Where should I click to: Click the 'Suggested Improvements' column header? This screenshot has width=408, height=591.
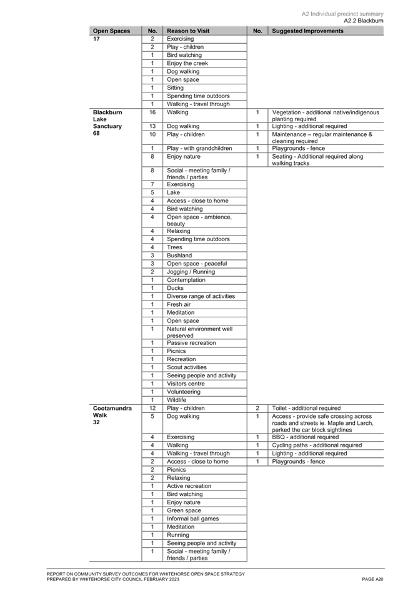(x=307, y=31)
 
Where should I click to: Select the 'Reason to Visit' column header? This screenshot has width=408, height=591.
(x=188, y=31)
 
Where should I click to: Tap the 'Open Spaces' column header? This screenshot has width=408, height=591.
(x=112, y=31)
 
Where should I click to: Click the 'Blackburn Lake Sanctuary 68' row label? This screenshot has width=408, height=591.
(x=107, y=123)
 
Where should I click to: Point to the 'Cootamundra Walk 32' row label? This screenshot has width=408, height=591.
(x=112, y=415)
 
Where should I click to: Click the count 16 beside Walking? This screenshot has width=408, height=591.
(x=152, y=112)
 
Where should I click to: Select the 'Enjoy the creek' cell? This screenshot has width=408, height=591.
(x=187, y=63)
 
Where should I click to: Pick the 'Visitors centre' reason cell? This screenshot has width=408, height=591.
(x=186, y=384)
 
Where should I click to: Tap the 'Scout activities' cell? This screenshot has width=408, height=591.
(x=187, y=367)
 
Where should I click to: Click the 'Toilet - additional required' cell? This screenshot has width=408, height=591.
(x=306, y=408)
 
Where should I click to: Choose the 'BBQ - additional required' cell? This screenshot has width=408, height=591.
(x=306, y=437)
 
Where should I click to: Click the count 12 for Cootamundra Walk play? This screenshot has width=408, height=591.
(x=152, y=408)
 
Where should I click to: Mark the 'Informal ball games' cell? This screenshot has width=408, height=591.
(x=192, y=519)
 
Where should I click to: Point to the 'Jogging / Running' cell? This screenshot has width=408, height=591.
(x=191, y=272)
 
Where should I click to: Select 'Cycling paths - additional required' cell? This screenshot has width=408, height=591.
(x=317, y=445)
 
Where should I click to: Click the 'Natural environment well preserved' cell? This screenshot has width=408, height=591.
(x=200, y=332)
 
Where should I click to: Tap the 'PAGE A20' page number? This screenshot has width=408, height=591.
(x=372, y=579)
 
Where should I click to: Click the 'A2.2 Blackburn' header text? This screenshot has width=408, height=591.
(x=364, y=21)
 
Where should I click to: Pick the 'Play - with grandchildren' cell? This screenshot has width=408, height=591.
(x=199, y=149)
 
